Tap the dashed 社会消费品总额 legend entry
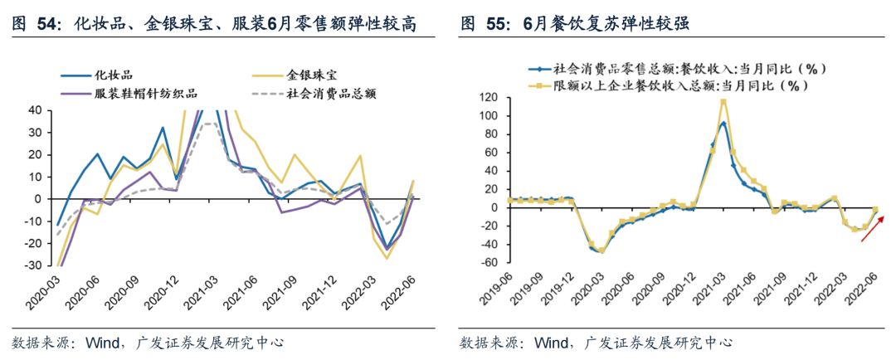pyautogui.click(x=331, y=93)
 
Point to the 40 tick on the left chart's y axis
pyautogui.click(x=37, y=109)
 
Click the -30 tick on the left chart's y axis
pyautogui.click(x=34, y=266)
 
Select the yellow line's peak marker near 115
pyautogui.click(x=723, y=103)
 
